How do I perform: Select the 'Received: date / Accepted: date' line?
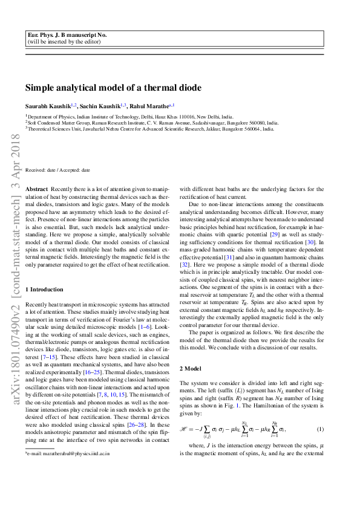(57, 170)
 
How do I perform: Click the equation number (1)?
(321, 412)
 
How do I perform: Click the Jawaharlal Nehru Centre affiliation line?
(149, 128)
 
